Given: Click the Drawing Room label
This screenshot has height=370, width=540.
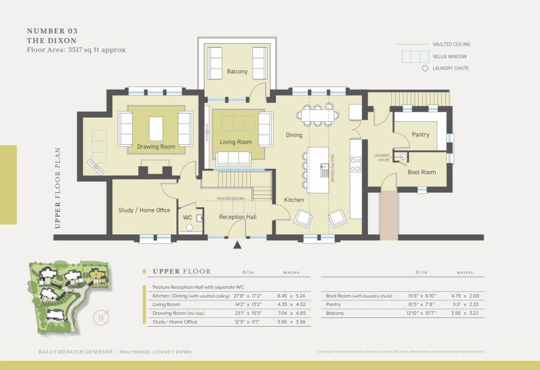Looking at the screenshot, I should tap(156, 147).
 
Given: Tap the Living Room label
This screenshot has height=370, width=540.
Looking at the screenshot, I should tap(236, 142).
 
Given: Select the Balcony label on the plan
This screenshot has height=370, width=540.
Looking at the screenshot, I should tap(237, 71).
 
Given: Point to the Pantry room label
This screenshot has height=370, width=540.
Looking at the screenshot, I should tap(421, 135).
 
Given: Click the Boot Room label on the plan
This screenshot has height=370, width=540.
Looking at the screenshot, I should tap(422, 172).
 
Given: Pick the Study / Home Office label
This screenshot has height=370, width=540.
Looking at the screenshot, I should tap(145, 210).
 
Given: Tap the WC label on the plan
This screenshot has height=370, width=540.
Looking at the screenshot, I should tap(187, 217).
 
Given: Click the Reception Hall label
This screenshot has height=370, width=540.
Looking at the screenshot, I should tap(238, 217).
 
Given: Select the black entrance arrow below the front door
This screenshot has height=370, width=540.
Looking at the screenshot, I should tap(237, 245).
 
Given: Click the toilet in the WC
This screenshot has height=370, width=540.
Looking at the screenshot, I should tap(189, 228).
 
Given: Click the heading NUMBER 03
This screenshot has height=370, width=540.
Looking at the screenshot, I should tap(52, 31).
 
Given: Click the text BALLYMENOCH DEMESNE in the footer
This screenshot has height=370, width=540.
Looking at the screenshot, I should tap(67, 351).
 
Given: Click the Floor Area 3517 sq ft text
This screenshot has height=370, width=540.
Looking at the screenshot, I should tap(76, 50).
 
